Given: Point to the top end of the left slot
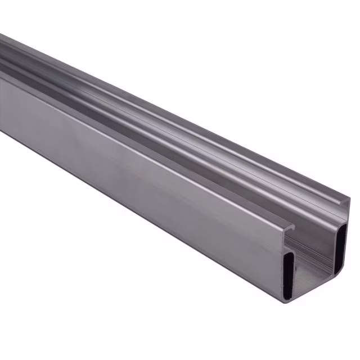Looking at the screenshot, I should tap(289, 254).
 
